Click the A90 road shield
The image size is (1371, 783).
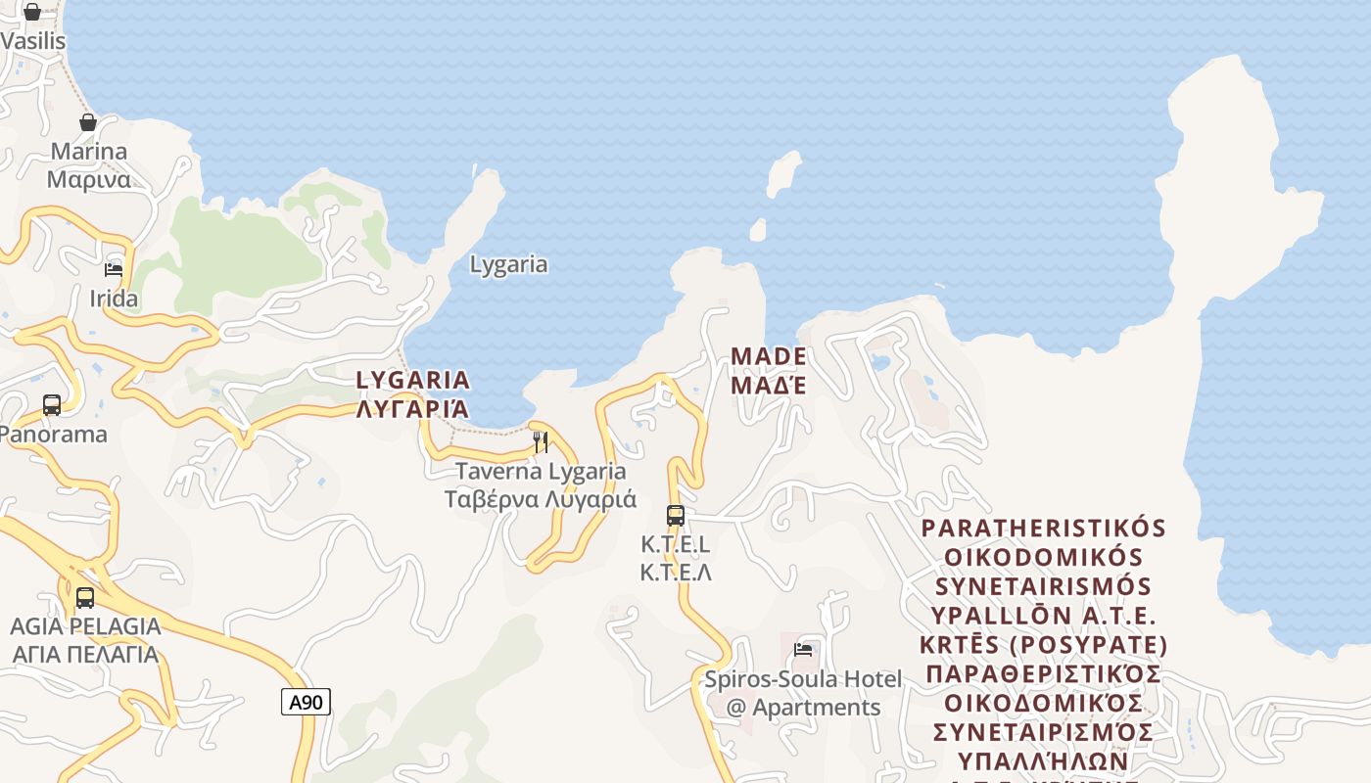306,701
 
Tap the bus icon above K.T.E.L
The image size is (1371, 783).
675,516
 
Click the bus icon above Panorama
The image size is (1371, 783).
52,405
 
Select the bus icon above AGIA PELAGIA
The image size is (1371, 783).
85,597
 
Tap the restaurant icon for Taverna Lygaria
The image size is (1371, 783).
540,441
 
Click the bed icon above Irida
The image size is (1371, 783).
114,270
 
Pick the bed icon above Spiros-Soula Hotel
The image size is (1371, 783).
803,650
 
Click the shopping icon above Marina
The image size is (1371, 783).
88,122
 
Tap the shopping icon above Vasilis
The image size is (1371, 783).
32,12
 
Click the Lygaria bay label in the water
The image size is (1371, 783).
508,264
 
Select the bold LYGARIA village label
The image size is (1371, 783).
412,380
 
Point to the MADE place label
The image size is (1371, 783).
769,356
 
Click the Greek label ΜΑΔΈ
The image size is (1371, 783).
769,385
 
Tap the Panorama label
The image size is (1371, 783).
54,434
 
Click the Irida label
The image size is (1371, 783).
114,299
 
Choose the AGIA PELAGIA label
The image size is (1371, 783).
85,626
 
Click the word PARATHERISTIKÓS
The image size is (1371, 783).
1044,529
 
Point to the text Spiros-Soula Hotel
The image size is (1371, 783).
803,679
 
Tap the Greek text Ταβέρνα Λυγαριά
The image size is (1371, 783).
541,499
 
